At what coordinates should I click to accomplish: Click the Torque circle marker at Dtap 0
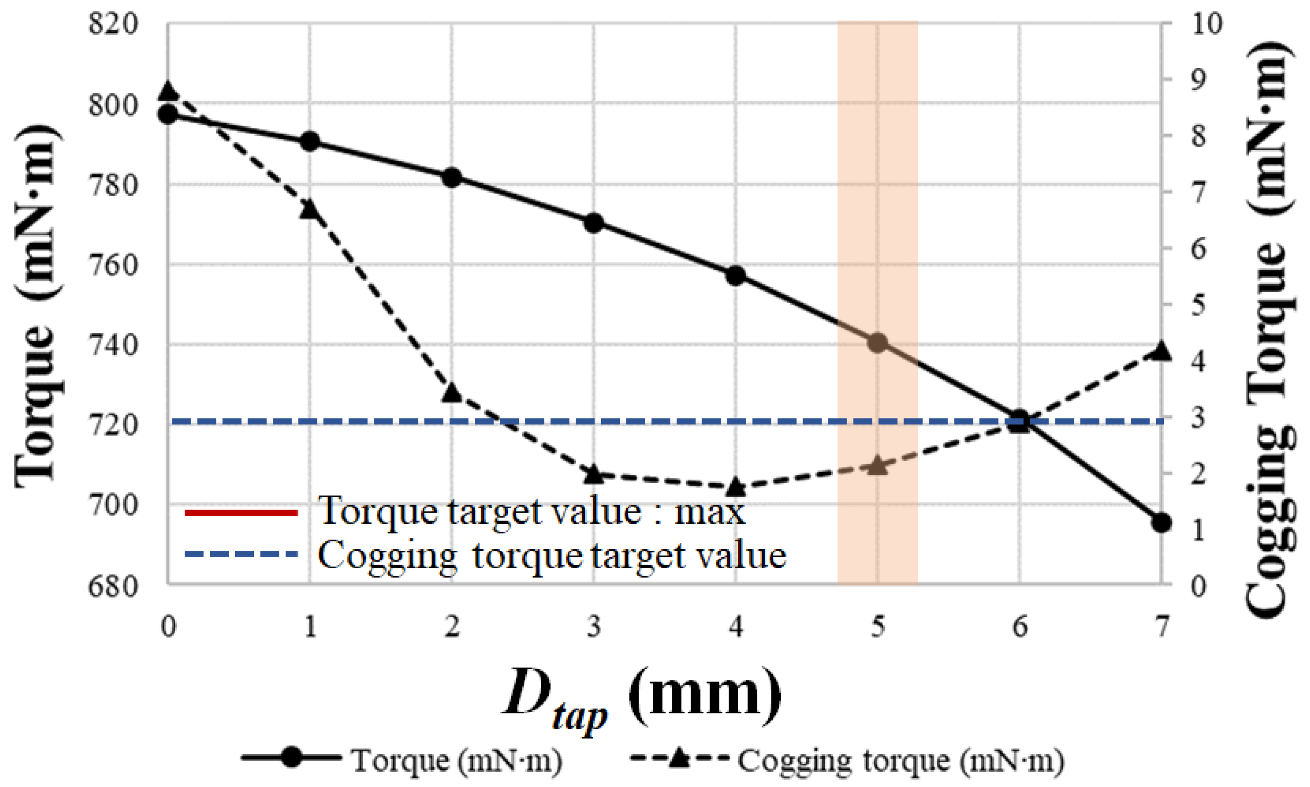[168, 114]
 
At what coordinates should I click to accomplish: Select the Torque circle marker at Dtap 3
[594, 223]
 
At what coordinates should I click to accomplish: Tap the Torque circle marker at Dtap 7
[1161, 523]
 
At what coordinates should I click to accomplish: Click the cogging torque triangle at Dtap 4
[735, 486]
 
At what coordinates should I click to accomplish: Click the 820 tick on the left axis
[113, 24]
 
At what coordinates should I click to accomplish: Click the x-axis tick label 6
[1019, 628]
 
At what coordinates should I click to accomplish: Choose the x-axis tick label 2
[452, 628]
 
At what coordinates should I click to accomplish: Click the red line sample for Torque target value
[241, 512]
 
